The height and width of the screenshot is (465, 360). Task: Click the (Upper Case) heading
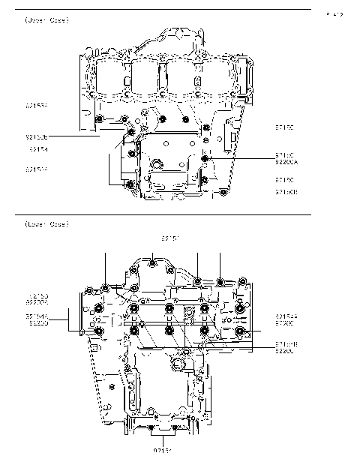click(46, 20)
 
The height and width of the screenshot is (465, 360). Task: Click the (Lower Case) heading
click(46, 224)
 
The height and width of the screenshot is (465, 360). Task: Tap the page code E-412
click(334, 14)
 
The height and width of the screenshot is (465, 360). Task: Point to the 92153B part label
click(36, 137)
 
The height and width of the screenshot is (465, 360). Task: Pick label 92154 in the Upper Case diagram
click(38, 149)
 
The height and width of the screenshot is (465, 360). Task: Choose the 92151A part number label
click(36, 169)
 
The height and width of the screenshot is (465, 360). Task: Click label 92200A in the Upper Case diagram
click(286, 161)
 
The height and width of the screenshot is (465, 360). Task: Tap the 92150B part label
click(286, 192)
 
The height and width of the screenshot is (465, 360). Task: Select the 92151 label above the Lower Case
click(171, 238)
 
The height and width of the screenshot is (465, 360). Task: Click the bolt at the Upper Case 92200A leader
click(206, 158)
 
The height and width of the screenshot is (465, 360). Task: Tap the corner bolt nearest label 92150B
click(224, 193)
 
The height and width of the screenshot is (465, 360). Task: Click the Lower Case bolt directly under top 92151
click(152, 262)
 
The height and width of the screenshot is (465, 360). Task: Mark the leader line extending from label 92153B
click(75, 137)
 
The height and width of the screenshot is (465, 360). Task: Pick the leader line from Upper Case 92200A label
click(240, 158)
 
